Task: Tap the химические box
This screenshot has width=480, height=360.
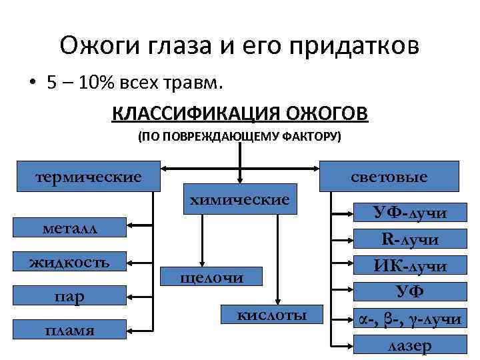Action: tap(240, 199)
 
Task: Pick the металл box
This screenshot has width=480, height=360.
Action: tap(69, 228)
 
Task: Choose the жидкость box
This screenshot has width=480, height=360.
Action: tap(69, 261)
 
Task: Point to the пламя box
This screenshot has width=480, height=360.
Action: tap(69, 329)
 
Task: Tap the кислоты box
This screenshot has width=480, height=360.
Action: tap(272, 315)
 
